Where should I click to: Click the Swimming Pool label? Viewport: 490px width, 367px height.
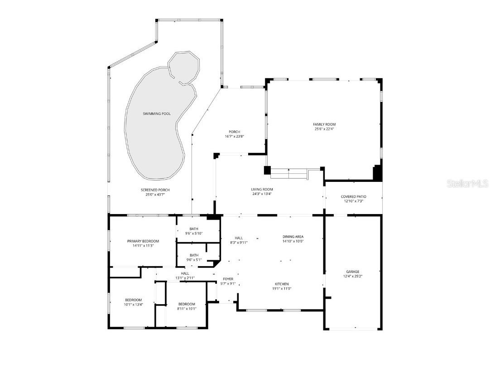[157, 114]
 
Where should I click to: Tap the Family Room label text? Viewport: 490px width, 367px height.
[324, 124]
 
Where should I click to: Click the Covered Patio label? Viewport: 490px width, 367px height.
[354, 196]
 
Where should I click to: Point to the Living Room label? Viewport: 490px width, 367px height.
[262, 189]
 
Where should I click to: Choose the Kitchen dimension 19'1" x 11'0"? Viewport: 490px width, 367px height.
[280, 289]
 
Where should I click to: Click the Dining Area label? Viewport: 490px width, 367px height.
[293, 237]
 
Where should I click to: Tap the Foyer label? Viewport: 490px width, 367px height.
[228, 279]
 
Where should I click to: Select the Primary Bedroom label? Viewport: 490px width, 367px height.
[143, 241]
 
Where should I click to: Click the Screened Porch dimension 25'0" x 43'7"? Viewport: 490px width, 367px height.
[155, 195]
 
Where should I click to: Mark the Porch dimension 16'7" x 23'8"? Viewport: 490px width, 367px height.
[234, 137]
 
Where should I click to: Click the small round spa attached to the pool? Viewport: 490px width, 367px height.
[183, 67]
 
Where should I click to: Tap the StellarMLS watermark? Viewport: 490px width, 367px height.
[467, 183]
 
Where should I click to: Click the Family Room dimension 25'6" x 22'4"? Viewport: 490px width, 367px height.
[324, 129]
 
